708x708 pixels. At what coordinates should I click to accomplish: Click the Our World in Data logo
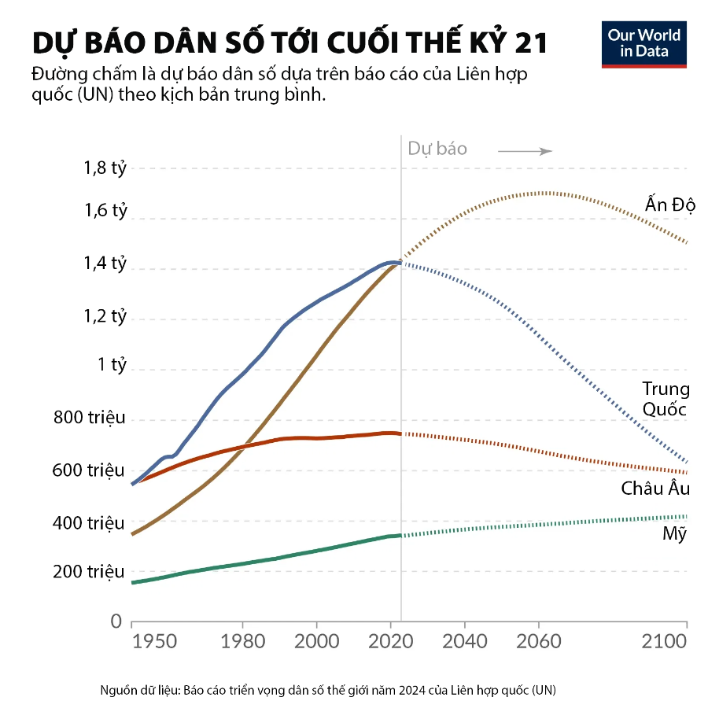[643, 44]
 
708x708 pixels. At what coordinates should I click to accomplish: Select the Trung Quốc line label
[666, 399]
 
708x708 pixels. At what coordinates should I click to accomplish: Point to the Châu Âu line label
[655, 489]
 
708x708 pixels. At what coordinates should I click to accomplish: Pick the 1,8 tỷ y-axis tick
[105, 168]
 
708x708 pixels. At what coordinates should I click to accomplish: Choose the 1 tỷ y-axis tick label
[112, 366]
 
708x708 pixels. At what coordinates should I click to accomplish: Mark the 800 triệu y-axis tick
[90, 418]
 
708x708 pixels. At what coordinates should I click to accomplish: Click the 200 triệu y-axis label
[89, 572]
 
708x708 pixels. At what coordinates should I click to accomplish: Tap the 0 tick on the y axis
[116, 621]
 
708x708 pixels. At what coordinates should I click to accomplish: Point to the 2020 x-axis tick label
[391, 641]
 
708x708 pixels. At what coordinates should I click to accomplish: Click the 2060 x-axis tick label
[539, 641]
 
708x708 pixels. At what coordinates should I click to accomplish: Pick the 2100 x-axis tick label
[666, 641]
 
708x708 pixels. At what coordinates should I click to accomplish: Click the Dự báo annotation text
[437, 149]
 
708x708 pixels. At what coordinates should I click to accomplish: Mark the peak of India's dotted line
[544, 192]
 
